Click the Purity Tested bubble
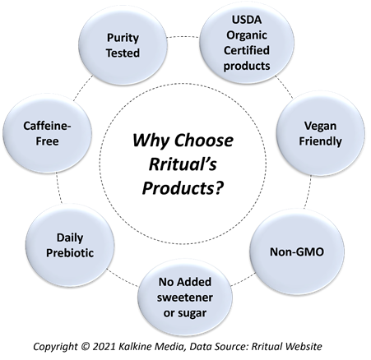[x=123, y=45]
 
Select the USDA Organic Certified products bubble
[x=247, y=43]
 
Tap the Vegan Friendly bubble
[x=320, y=133]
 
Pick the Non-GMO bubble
[x=297, y=252]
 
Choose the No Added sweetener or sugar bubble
[x=185, y=298]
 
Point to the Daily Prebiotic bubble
[x=70, y=246]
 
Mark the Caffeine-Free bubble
[x=47, y=133]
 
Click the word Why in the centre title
[x=151, y=141]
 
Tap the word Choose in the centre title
[x=203, y=140]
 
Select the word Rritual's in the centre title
[x=183, y=164]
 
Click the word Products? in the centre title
[x=183, y=188]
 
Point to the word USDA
[x=247, y=20]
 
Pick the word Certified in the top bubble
[x=247, y=50]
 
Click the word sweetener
[x=185, y=298]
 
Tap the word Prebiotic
[x=70, y=253]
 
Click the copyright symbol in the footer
[x=86, y=346]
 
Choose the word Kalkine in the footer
[x=135, y=346]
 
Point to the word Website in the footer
[x=304, y=346]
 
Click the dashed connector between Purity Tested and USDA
[x=183, y=36]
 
